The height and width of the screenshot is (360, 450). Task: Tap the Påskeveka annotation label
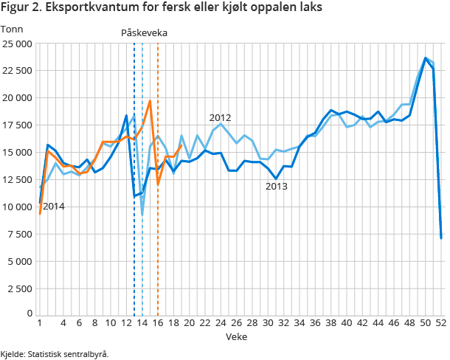point(144,33)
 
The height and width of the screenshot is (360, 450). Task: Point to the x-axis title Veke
point(236,336)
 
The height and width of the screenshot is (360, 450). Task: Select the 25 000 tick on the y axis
point(16,44)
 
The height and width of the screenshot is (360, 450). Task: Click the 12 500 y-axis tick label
point(16,179)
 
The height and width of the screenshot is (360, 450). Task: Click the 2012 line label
point(220,117)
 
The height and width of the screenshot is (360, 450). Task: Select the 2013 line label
point(276,187)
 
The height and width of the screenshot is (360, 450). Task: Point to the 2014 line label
point(53,207)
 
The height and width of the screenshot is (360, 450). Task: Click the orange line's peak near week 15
point(150,101)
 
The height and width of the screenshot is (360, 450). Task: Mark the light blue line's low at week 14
point(142,215)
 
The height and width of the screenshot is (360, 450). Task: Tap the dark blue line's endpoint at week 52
point(441,238)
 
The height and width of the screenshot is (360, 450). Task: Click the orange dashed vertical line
point(158,184)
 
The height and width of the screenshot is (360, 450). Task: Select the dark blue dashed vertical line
point(134,184)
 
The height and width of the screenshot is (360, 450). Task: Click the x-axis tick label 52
point(441,323)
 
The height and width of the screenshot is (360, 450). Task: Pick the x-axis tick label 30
point(268,323)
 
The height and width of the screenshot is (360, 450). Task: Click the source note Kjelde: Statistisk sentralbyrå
point(55,354)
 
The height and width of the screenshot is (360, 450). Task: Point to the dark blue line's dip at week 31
point(276,179)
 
